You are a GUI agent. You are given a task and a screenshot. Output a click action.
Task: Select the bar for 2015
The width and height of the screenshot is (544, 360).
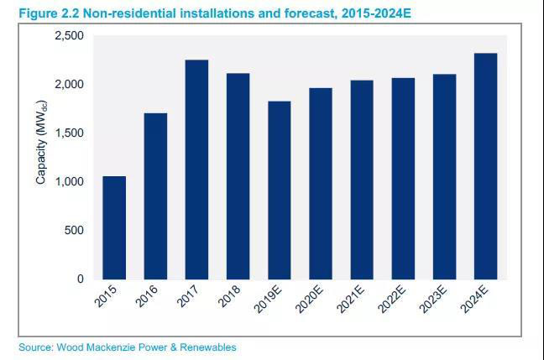[x=114, y=227]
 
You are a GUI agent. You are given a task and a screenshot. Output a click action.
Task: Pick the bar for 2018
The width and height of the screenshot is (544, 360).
[x=238, y=176]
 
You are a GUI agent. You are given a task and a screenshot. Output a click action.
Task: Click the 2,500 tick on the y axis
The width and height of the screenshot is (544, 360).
[x=70, y=36]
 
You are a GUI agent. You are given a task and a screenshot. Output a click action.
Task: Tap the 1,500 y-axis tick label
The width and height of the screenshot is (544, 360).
[x=70, y=133]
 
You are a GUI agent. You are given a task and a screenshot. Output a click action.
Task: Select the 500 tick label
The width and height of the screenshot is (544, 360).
[x=76, y=231]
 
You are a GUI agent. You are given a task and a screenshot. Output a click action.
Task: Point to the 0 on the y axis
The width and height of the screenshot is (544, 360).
[x=81, y=279]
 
